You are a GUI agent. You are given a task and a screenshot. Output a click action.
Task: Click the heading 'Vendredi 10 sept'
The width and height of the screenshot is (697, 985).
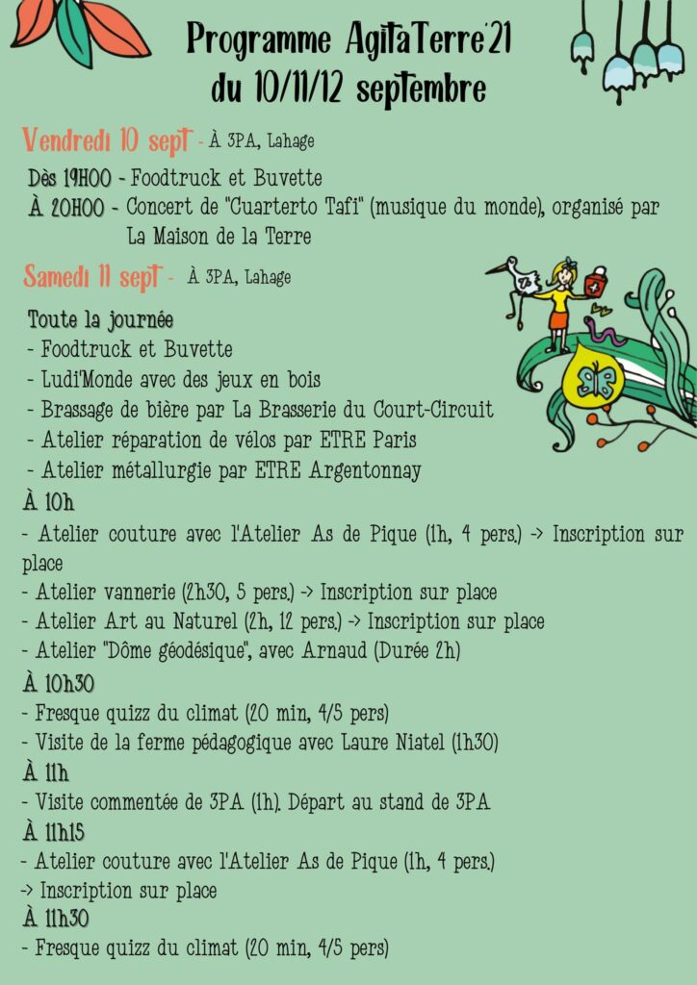click(x=105, y=139)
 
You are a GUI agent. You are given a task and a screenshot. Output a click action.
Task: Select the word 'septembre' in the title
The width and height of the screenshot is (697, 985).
click(x=421, y=88)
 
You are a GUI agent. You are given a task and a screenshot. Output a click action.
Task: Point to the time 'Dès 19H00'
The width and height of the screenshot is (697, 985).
click(x=69, y=178)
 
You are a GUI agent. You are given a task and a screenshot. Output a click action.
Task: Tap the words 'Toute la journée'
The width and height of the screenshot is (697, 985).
click(x=100, y=319)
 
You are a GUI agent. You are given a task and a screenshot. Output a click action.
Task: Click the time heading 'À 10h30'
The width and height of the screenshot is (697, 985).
click(x=59, y=684)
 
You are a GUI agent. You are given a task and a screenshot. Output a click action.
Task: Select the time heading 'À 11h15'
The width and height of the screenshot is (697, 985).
click(x=53, y=832)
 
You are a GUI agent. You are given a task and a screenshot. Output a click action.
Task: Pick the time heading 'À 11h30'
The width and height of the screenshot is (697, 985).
click(x=55, y=919)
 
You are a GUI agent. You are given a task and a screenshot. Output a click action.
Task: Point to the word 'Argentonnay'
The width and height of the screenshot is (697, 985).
click(x=364, y=469)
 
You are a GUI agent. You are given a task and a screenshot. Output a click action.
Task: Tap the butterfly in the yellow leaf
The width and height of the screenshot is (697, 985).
click(x=594, y=381)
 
